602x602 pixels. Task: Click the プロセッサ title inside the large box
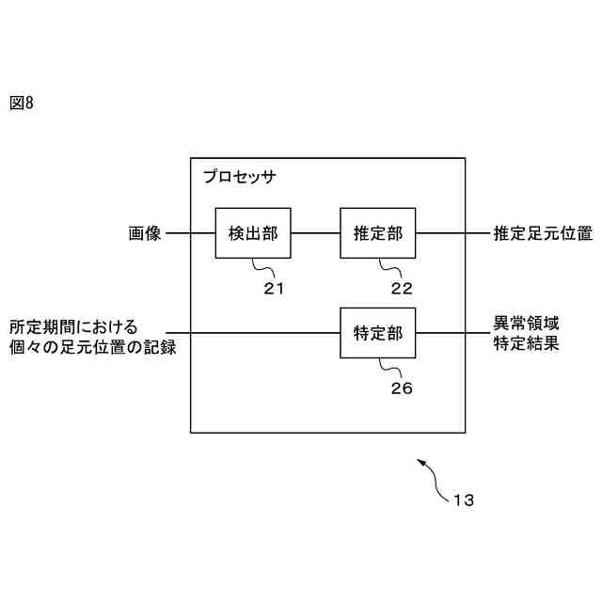[240, 177]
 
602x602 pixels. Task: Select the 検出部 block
[253, 232]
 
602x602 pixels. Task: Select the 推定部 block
[378, 232]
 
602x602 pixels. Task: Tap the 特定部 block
[378, 333]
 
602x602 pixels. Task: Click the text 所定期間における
[73, 327]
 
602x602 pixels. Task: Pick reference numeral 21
[273, 289]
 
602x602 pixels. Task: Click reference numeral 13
[464, 500]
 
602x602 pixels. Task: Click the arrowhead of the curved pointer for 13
[420, 461]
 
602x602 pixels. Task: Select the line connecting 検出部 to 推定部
[316, 232]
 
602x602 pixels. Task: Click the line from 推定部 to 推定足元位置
[449, 232]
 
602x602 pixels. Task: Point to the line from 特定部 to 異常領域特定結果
[449, 333]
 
